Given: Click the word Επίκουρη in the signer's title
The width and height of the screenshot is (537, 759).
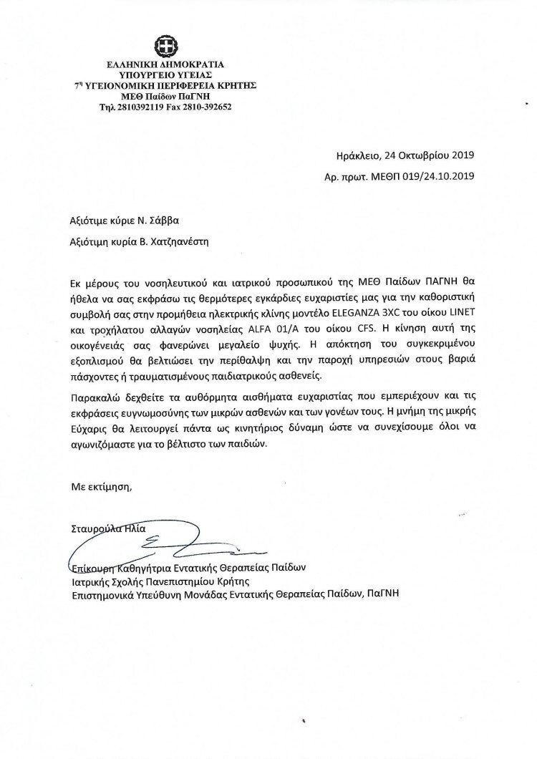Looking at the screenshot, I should (94, 568).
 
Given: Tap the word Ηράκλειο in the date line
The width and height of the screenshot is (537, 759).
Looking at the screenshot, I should (359, 154).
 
